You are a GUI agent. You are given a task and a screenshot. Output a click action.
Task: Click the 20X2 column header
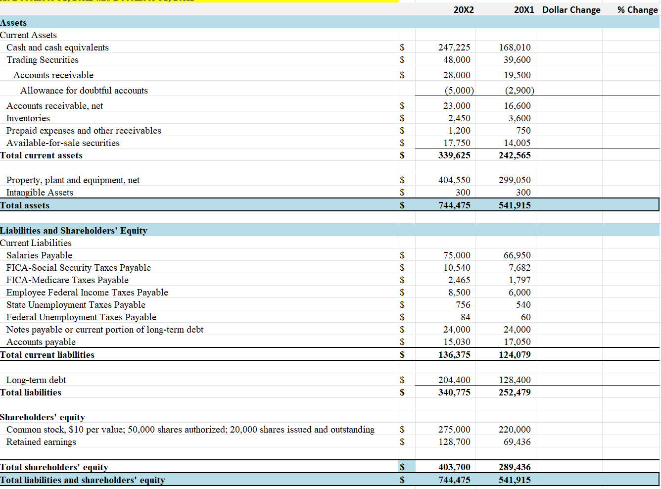463,10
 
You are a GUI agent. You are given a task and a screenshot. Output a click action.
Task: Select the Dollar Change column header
571,10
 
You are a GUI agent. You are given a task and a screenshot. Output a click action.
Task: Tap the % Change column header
637,10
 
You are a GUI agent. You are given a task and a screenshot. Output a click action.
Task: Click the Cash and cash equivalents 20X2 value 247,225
454,48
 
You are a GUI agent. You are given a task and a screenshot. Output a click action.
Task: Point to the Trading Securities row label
43,60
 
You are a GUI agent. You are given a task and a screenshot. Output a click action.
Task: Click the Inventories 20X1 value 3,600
519,118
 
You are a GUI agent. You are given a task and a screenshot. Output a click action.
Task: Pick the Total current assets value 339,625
454,155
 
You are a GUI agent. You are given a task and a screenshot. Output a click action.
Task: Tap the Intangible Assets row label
40,193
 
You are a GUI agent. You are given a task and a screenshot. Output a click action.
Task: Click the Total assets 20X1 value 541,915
515,205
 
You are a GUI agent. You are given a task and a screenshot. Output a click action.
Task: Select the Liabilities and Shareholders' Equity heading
74,231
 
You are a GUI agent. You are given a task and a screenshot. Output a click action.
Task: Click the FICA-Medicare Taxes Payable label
67,280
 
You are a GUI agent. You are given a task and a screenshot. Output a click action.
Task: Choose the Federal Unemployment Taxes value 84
465,317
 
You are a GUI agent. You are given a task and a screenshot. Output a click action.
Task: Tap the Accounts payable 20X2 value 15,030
457,342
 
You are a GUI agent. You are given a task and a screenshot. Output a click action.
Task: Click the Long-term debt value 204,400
454,380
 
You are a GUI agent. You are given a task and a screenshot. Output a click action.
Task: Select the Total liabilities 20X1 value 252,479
515,392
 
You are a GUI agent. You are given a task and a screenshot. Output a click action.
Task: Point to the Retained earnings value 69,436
517,442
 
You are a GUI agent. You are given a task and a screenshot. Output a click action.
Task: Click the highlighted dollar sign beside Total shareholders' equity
402,467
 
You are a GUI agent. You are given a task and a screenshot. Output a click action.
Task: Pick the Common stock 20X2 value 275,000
454,430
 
